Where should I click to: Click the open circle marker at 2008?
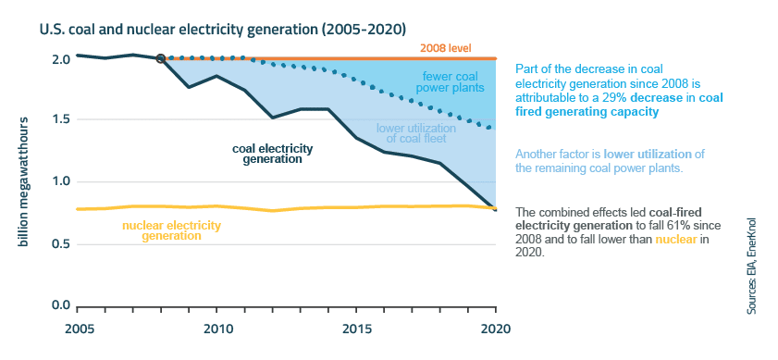[161, 58]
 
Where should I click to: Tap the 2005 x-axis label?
[79, 329]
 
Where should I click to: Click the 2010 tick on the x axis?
[217, 329]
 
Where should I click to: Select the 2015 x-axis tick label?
[356, 329]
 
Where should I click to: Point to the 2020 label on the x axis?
[495, 329]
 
